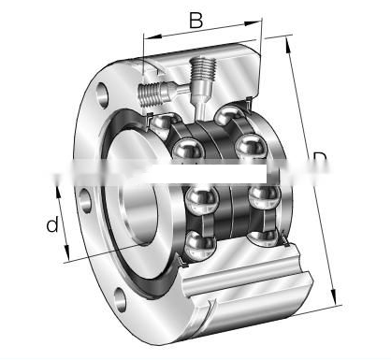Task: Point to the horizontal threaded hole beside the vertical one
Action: (157, 92)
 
